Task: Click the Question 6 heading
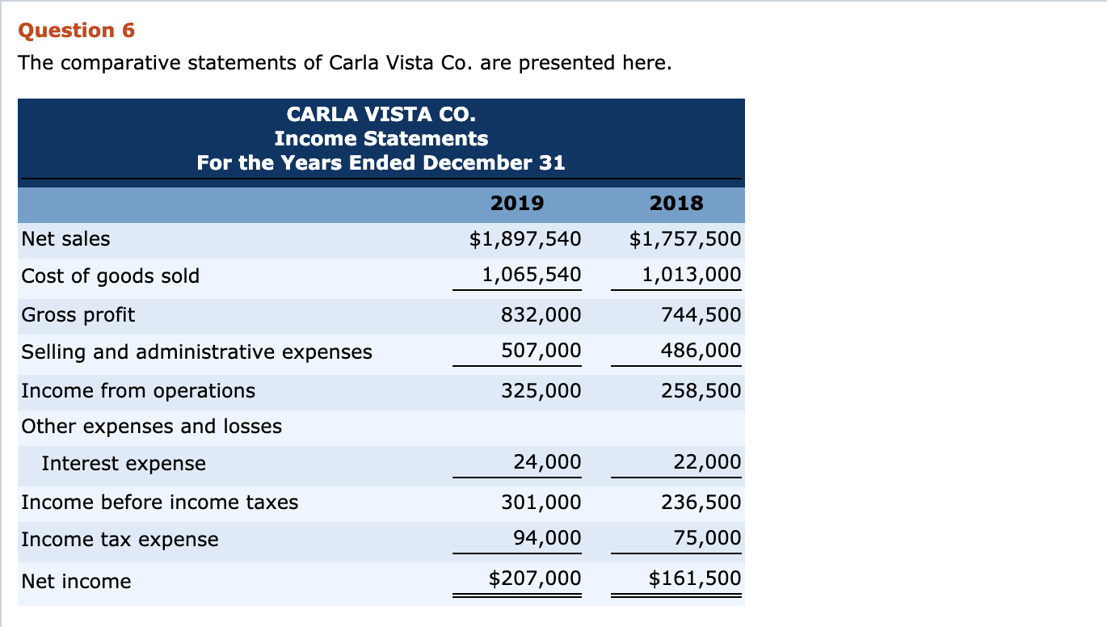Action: point(76,31)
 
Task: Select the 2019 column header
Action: point(517,203)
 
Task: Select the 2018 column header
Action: point(676,203)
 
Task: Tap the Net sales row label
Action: point(65,239)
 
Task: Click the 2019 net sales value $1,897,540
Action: point(525,239)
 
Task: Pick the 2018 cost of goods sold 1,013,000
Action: point(691,275)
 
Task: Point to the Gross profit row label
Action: point(78,314)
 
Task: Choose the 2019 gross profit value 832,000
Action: point(541,314)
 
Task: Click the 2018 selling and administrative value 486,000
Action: point(701,351)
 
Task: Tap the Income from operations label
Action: point(138,391)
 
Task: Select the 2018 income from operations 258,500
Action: point(701,391)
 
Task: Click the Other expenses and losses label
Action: point(152,427)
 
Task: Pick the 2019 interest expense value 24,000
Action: point(547,462)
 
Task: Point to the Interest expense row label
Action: point(124,464)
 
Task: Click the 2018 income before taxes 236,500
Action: point(701,503)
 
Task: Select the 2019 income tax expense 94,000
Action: point(547,538)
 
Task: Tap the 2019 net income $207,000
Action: point(535,579)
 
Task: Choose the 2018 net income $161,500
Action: point(695,579)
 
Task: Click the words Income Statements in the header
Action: point(381,138)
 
